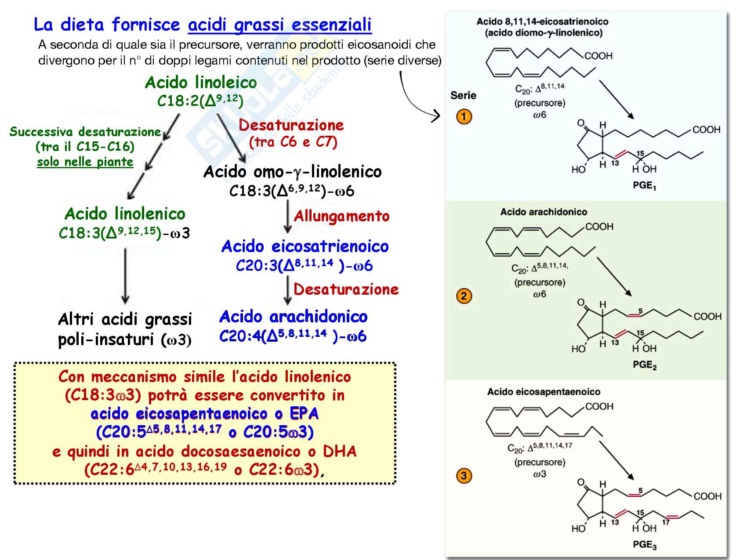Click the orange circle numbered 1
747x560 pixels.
(464, 117)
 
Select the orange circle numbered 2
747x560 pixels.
(464, 296)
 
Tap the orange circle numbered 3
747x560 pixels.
(464, 476)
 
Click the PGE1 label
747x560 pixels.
(644, 186)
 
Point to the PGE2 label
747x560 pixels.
(644, 365)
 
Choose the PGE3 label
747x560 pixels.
(644, 545)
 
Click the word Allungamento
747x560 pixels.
(341, 216)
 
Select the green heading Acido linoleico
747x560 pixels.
(201, 83)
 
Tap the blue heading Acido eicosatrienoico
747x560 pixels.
(305, 246)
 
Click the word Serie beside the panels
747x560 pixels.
(463, 95)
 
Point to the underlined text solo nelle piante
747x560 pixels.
(85, 162)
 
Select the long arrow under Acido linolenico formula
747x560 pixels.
(125, 276)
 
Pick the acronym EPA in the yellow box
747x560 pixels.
(304, 414)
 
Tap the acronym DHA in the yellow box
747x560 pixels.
(340, 452)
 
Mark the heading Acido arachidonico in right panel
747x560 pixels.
(544, 212)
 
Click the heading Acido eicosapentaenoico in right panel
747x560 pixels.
(544, 392)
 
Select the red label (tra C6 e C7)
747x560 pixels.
(293, 142)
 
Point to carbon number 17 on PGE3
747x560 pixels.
(666, 522)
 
